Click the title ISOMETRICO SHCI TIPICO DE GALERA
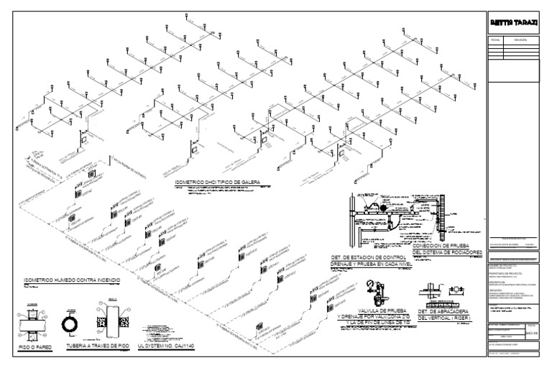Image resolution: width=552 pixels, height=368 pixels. pos(216,182)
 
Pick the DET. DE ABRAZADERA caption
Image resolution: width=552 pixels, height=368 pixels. pos(448,310)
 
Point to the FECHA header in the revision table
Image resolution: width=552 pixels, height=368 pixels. pos(494,41)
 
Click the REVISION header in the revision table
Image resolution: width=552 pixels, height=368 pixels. pos(521,41)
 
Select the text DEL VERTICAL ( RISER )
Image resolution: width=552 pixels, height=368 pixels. pos(448,317)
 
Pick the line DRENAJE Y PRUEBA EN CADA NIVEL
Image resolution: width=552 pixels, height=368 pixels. pos(367,263)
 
